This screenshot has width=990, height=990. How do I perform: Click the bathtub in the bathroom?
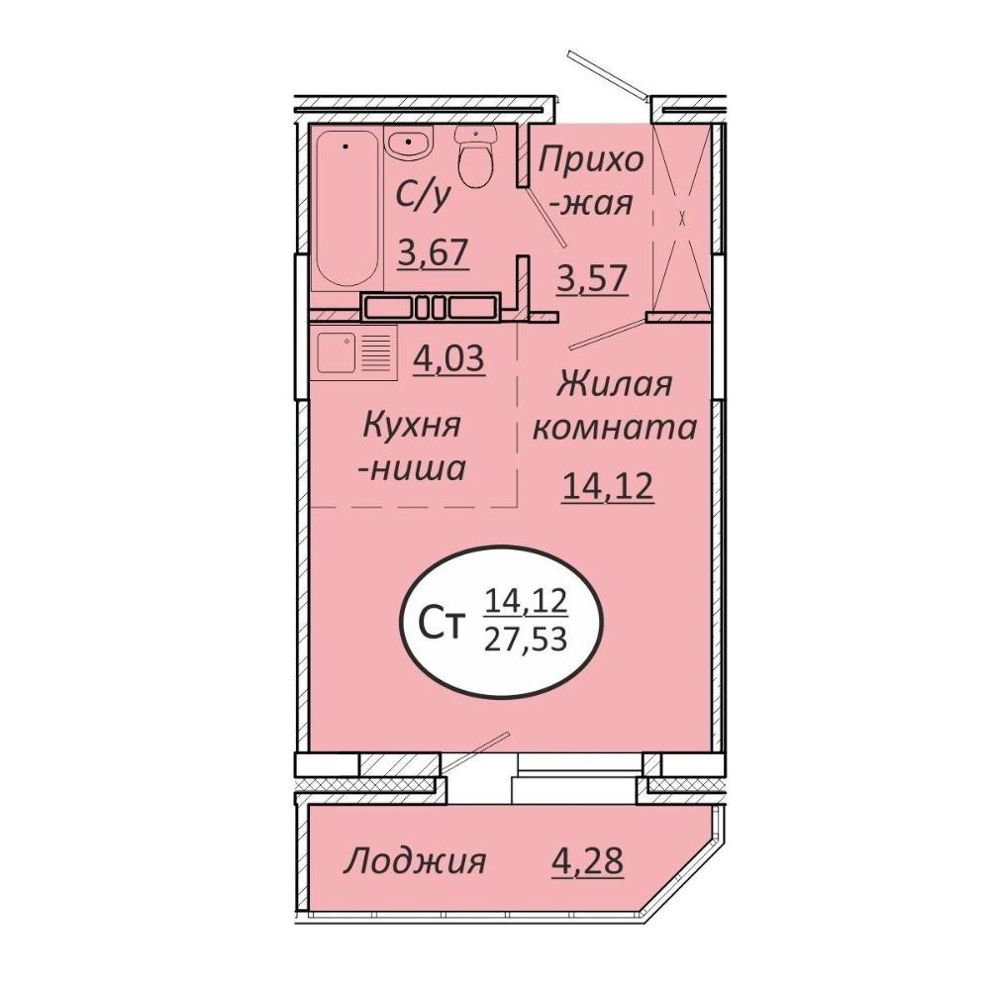point(346,209)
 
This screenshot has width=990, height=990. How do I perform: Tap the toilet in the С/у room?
point(476,155)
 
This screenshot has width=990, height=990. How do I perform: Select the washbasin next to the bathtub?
point(409,147)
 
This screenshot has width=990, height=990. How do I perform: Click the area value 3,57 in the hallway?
point(593,278)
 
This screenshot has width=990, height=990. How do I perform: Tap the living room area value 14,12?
point(608,485)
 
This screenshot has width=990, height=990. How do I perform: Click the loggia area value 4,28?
point(587,860)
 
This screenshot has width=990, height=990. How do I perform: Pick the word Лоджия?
point(415,861)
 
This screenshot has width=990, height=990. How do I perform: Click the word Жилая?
point(615,384)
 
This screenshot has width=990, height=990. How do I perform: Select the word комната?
point(615,428)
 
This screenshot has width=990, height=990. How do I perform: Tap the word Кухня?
point(412,425)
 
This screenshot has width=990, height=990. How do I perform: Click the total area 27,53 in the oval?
point(526,641)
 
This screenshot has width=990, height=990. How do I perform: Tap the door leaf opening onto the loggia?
point(475,751)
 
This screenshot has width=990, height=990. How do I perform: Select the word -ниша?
point(412,468)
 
